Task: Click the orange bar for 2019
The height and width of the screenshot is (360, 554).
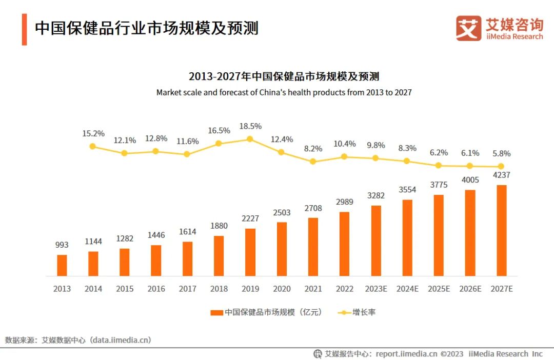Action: pos(250,252)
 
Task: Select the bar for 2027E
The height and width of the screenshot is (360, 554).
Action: pos(502,231)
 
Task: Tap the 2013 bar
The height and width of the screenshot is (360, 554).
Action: pos(62,266)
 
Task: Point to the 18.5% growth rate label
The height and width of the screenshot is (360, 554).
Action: pos(250,126)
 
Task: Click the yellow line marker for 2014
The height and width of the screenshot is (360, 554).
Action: pos(93,146)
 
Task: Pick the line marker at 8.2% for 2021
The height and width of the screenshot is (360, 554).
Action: pos(313,161)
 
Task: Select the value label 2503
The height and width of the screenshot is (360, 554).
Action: pos(282,212)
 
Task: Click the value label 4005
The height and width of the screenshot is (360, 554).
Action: pos(470,180)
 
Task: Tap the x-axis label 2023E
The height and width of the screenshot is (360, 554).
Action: pos(376,289)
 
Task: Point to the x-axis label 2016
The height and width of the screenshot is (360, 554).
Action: pos(156,289)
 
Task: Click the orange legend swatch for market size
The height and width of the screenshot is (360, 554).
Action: pos(216,312)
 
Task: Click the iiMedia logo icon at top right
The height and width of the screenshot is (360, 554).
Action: pos(468,28)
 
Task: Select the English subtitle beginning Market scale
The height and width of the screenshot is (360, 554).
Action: pos(284,93)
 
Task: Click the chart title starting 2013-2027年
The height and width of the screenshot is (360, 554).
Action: pos(284,77)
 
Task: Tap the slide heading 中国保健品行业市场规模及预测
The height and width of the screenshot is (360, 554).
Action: pos(146,28)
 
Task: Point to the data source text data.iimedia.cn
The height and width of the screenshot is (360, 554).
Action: pos(121,340)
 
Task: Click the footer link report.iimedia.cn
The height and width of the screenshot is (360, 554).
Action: pos(406,354)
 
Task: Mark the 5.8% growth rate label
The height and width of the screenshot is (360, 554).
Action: pos(501,153)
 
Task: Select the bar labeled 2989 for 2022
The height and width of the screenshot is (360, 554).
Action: pos(344,244)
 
